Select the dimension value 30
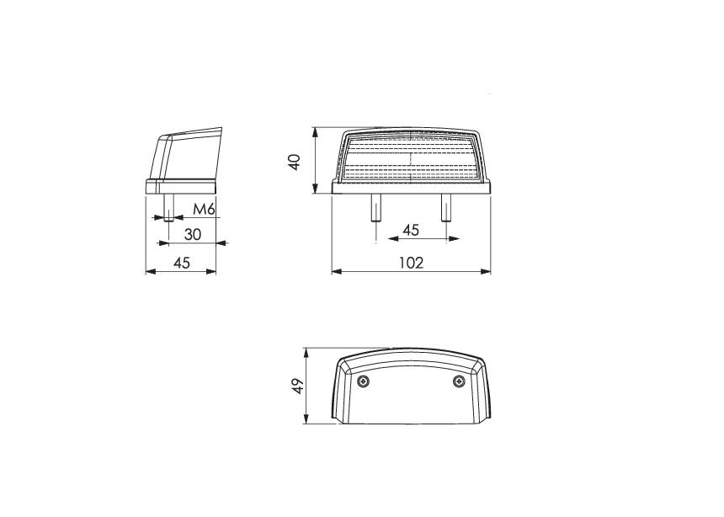pos(193,235)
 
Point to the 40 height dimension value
pos(295,162)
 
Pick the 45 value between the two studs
pos(410,230)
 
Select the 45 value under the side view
pos(181,263)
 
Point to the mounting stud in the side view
pos(168,207)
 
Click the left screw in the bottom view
pos(364,382)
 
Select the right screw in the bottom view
pos(458,382)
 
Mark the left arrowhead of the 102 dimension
pos(335,272)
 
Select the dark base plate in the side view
pos(182,186)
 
